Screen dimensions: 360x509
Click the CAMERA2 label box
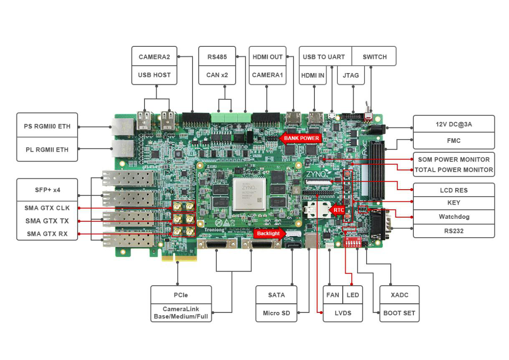pyautogui.click(x=154, y=56)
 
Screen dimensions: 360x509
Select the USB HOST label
pyautogui.click(x=154, y=75)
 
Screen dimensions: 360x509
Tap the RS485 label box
pyautogui.click(x=217, y=56)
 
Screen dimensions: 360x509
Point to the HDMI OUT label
pyautogui.click(x=268, y=56)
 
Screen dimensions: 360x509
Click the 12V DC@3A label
pyautogui.click(x=454, y=124)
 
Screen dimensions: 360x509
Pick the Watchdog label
pyautogui.click(x=454, y=217)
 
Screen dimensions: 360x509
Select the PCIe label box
pyautogui.click(x=181, y=295)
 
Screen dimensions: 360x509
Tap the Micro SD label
pyautogui.click(x=276, y=313)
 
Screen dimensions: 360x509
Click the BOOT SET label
pyautogui.click(x=399, y=313)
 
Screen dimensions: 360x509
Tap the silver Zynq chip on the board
pyautogui.click(x=249, y=194)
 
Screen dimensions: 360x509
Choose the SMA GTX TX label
pyautogui.click(x=47, y=221)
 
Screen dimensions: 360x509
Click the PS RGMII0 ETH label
pyautogui.click(x=47, y=126)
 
